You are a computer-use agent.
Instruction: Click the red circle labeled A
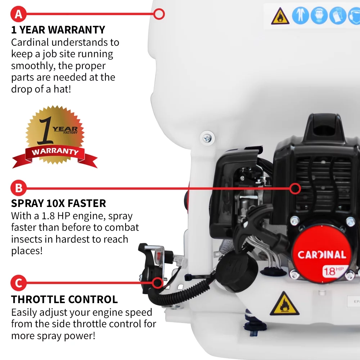pyautogui.click(x=18, y=14)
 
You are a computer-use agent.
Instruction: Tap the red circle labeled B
pyautogui.click(x=18, y=188)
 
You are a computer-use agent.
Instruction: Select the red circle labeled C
pyautogui.click(x=18, y=283)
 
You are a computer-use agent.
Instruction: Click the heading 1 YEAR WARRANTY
pyautogui.click(x=58, y=30)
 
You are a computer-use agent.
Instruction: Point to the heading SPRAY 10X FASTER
pyautogui.click(x=58, y=203)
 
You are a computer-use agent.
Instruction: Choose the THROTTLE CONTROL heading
pyautogui.click(x=64, y=299)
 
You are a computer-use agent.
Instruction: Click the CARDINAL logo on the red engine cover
pyautogui.click(x=321, y=255)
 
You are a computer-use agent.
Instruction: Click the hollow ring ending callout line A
pyautogui.click(x=159, y=14)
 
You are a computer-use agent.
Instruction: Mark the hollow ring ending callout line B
pyautogui.click(x=296, y=188)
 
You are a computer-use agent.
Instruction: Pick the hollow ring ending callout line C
pyautogui.click(x=157, y=283)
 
